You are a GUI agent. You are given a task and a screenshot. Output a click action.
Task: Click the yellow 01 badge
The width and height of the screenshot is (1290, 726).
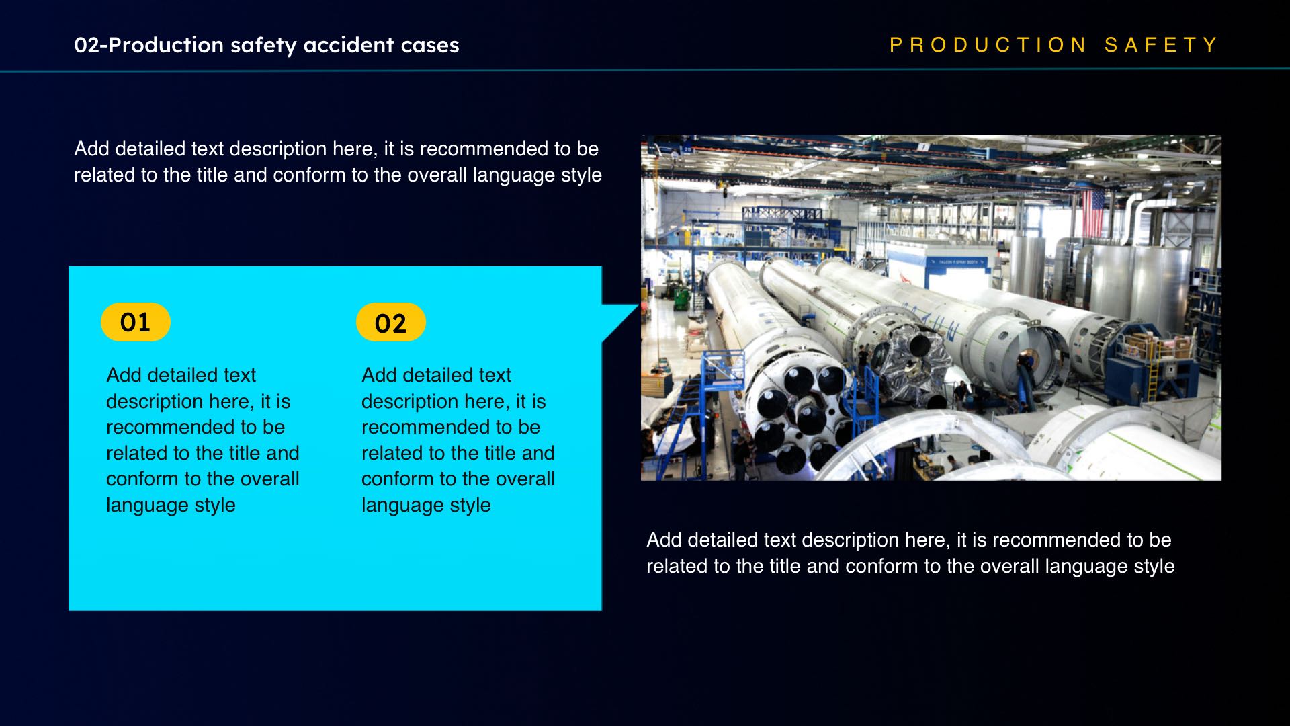(135, 322)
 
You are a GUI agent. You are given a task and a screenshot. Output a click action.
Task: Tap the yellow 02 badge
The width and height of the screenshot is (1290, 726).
(390, 322)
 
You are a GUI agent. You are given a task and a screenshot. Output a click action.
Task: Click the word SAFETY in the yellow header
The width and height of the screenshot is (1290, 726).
(1161, 45)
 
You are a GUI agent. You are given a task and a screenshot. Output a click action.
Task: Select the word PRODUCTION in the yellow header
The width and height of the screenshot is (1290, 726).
(988, 45)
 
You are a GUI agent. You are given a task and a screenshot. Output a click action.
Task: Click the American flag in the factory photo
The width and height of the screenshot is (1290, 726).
(1093, 212)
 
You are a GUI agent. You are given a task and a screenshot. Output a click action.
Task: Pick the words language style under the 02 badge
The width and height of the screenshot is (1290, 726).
(426, 505)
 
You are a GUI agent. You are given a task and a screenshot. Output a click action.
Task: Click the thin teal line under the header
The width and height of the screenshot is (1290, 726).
(645, 70)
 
